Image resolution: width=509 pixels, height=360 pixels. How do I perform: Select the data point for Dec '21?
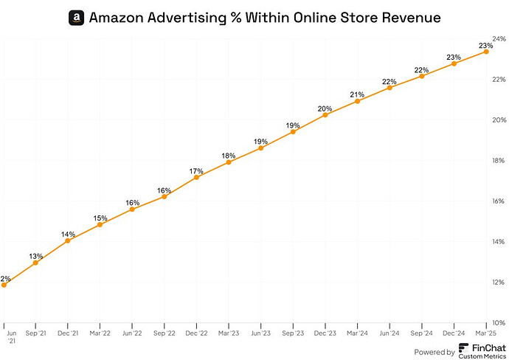tap(68, 240)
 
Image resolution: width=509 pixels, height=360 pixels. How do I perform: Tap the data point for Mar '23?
tap(229, 162)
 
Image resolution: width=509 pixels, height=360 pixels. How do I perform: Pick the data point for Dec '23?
tap(325, 114)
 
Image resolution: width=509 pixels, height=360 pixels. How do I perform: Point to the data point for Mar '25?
tap(486, 52)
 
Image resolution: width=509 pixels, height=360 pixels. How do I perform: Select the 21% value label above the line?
tap(358, 94)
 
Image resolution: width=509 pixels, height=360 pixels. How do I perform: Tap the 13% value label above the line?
tap(35, 256)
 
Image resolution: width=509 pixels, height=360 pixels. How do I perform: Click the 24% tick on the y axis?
tap(499, 38)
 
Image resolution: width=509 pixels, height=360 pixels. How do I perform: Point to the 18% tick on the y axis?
tap(499, 160)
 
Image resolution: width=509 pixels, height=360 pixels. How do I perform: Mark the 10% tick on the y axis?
tap(499, 323)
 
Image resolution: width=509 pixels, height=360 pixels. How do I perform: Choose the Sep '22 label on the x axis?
tap(165, 333)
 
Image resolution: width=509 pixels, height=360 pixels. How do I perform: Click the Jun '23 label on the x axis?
tap(261, 333)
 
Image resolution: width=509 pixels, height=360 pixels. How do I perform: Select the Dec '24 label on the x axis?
tap(454, 333)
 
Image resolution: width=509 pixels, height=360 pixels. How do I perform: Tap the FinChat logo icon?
tap(463, 348)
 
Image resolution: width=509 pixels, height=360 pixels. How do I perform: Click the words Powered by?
tap(434, 352)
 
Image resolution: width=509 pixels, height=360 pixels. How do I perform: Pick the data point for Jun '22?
tap(132, 210)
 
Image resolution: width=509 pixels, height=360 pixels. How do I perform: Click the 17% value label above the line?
tap(196, 171)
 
